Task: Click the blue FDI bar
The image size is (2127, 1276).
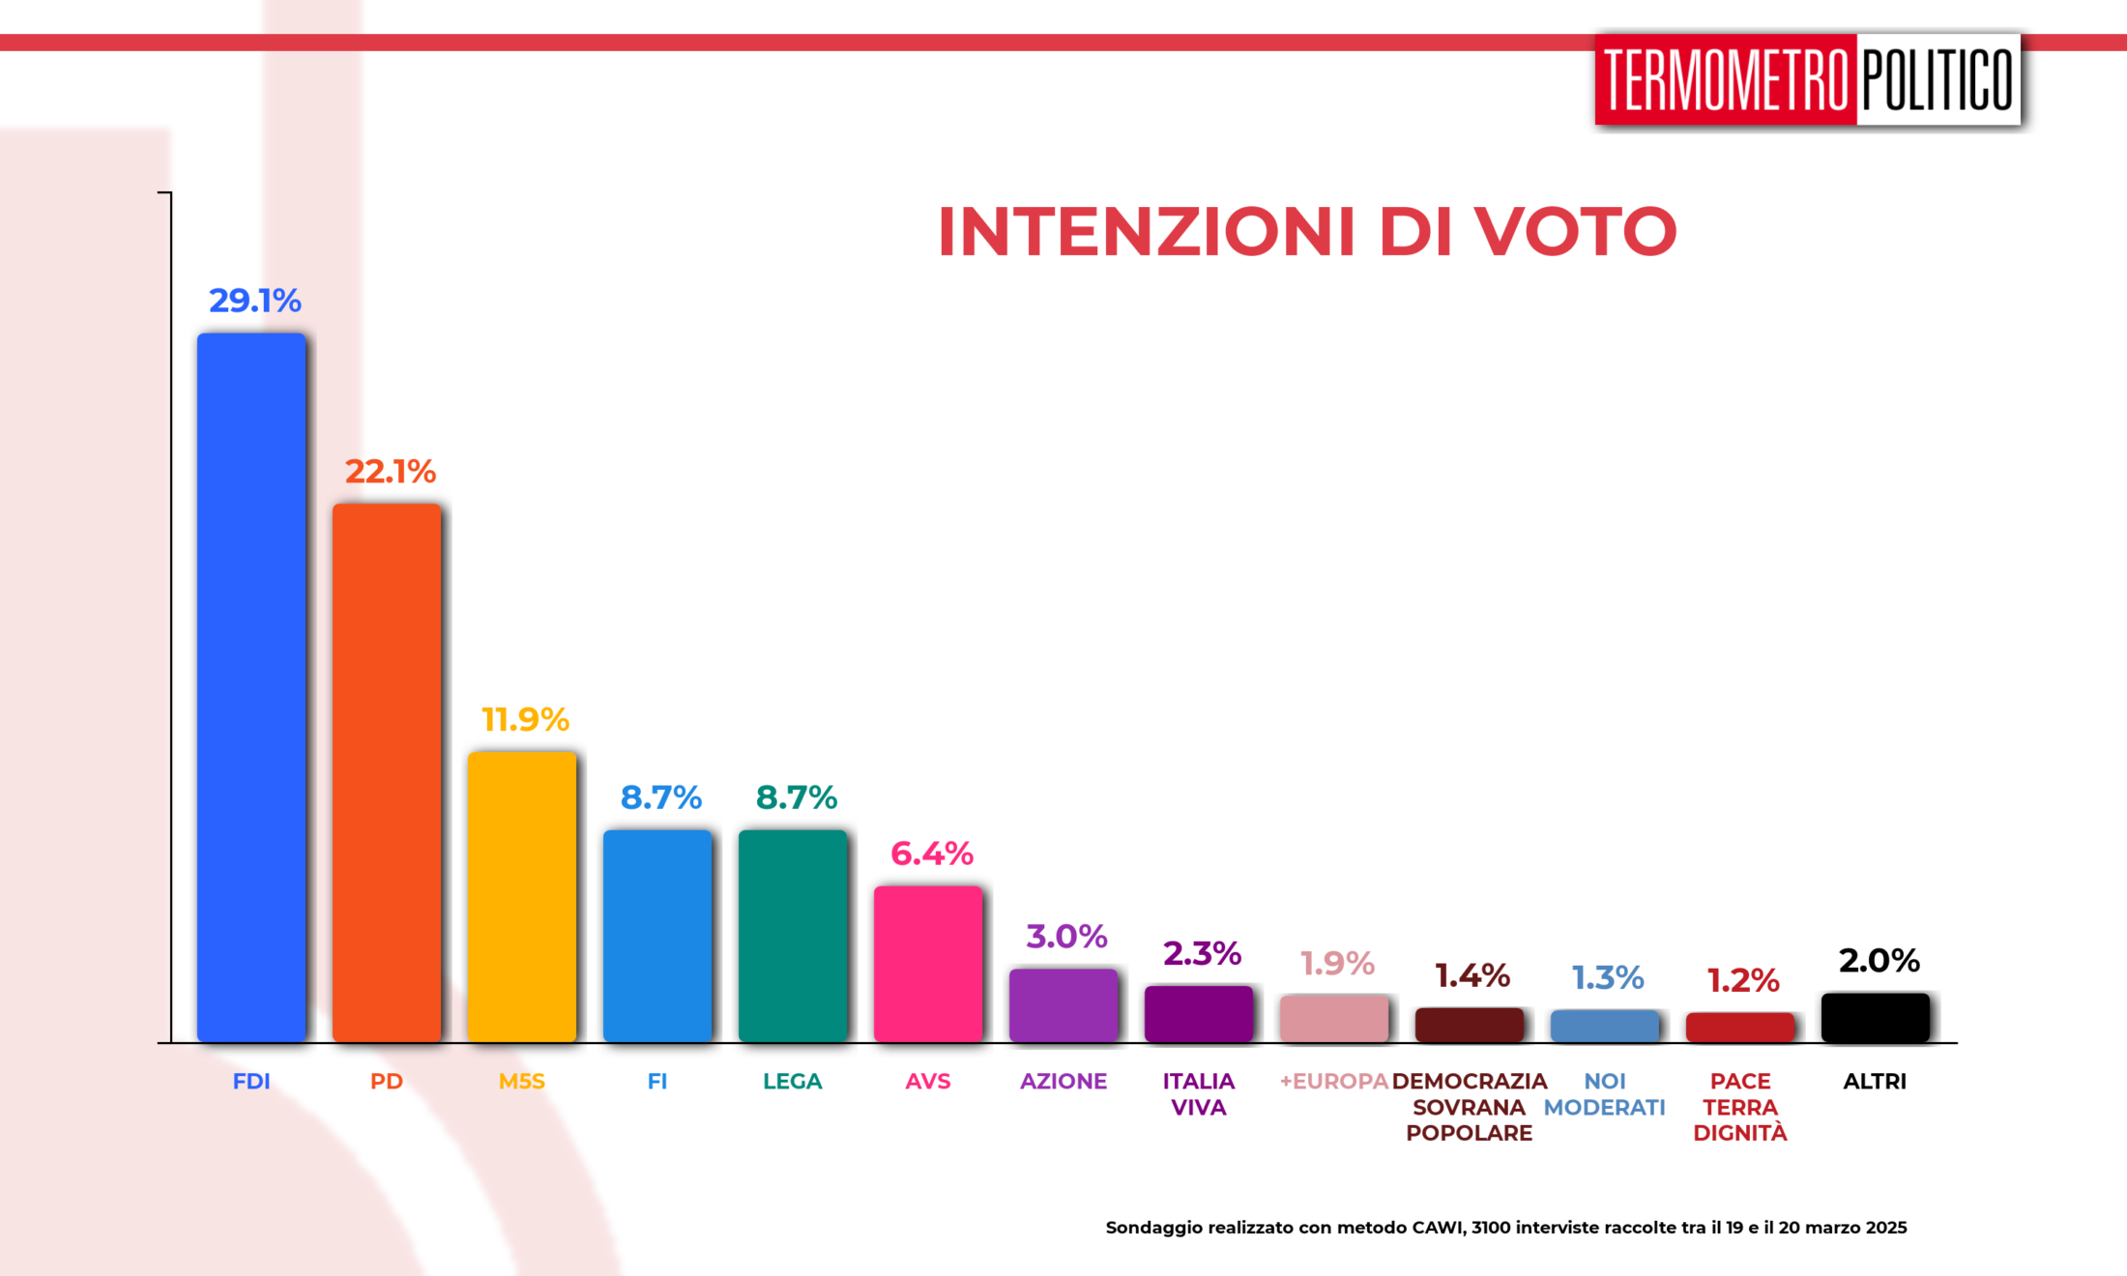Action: pyautogui.click(x=251, y=686)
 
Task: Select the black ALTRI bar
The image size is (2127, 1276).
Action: pyautogui.click(x=1876, y=1017)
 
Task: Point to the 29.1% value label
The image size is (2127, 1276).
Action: pyautogui.click(x=255, y=301)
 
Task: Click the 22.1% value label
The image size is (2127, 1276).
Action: pyautogui.click(x=391, y=472)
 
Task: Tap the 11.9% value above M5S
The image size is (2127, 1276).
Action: pyautogui.click(x=525, y=719)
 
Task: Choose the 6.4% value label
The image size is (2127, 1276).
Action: pyautogui.click(x=931, y=854)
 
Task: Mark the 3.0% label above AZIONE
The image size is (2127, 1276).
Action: pyautogui.click(x=1066, y=937)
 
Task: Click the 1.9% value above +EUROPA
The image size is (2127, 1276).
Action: pyautogui.click(x=1337, y=964)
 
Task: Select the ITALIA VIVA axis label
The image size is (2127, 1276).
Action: pyautogui.click(x=1199, y=1094)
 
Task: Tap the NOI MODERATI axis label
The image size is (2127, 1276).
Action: pyautogui.click(x=1605, y=1094)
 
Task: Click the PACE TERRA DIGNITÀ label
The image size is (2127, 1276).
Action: pyautogui.click(x=1740, y=1107)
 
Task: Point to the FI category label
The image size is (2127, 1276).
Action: pyautogui.click(x=657, y=1082)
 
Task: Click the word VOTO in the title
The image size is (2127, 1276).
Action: pyautogui.click(x=1576, y=232)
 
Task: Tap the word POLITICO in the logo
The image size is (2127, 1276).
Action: pyautogui.click(x=1938, y=80)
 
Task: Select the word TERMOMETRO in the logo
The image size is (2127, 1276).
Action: pyautogui.click(x=1727, y=80)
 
